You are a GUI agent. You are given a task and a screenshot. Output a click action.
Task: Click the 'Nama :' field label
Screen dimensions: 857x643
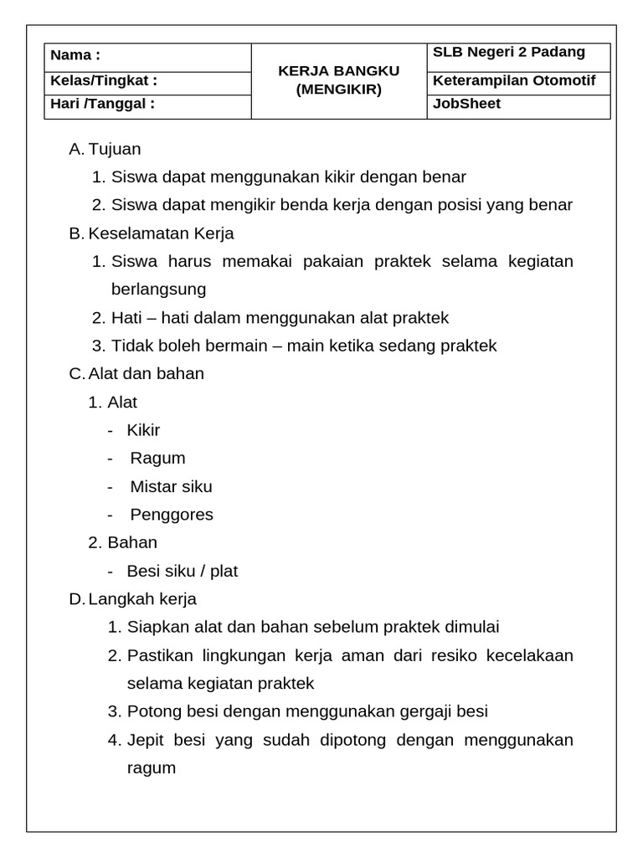[75, 56]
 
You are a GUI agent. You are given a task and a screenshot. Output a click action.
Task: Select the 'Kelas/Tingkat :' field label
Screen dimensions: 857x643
[104, 81]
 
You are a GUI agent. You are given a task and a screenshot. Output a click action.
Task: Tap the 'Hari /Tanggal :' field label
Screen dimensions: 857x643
[102, 104]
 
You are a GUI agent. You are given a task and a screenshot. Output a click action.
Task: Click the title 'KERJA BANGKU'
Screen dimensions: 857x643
[338, 71]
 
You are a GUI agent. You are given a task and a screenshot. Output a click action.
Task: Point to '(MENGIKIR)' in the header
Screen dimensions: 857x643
[338, 89]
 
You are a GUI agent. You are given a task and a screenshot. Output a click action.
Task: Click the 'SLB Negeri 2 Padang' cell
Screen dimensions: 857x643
[508, 53]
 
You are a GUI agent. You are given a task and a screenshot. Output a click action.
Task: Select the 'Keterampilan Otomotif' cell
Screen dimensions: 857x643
[514, 81]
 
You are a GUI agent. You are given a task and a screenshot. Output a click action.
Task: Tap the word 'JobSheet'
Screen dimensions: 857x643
[466, 105]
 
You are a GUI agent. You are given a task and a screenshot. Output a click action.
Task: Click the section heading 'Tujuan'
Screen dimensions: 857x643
[115, 149]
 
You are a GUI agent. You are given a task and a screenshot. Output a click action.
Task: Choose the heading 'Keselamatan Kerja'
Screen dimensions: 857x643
[162, 233]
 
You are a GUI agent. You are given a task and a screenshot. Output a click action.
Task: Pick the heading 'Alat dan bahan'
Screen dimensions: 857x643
[147, 373]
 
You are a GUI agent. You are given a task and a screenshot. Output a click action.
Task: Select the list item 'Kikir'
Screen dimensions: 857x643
[143, 430]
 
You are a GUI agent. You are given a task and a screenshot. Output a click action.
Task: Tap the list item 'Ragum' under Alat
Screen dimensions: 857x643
[157, 458]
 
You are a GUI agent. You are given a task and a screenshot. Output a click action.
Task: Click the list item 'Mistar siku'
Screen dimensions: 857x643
[171, 486]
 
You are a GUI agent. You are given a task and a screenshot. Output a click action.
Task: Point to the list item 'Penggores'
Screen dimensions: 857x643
[172, 514]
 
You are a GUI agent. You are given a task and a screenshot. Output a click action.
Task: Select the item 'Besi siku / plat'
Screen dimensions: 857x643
[182, 571]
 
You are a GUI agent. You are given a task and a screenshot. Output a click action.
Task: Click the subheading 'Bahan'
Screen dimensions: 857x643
[132, 542]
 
